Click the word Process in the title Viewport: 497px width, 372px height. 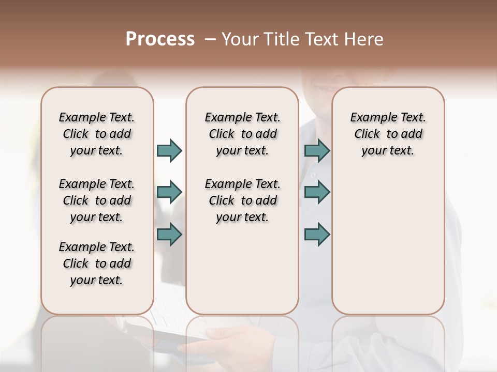pyautogui.click(x=160, y=39)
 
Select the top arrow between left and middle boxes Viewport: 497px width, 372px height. pyautogui.click(x=169, y=150)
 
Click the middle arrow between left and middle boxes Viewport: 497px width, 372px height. pyautogui.click(x=169, y=192)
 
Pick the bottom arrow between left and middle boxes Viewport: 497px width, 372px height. pyautogui.click(x=169, y=234)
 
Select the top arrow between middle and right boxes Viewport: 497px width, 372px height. pyautogui.click(x=317, y=150)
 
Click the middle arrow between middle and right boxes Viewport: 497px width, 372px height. pyautogui.click(x=317, y=192)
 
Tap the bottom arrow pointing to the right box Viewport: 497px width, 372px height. pyautogui.click(x=317, y=234)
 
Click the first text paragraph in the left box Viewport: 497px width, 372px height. pyautogui.click(x=97, y=134)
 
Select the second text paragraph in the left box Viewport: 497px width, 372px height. pyautogui.click(x=97, y=200)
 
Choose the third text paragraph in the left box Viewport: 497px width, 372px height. pyautogui.click(x=97, y=263)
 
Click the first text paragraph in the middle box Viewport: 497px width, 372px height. pyautogui.click(x=242, y=134)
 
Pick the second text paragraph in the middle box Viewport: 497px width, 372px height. pyautogui.click(x=242, y=200)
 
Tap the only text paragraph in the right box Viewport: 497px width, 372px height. pyautogui.click(x=388, y=134)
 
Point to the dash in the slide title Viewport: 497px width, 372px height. pyautogui.click(x=210, y=39)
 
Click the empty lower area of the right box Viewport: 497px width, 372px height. pyautogui.click(x=388, y=248)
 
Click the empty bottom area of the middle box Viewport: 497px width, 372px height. pyautogui.click(x=242, y=274)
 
